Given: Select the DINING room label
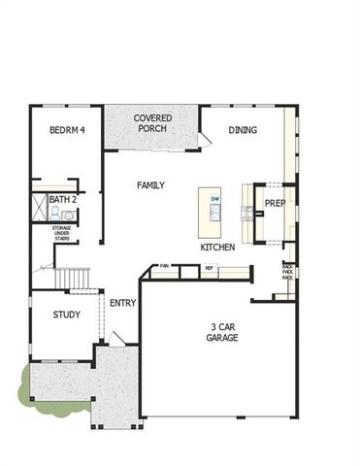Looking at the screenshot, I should [x=243, y=129].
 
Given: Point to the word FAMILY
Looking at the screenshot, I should [x=150, y=184].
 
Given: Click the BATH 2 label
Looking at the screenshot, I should [x=62, y=199].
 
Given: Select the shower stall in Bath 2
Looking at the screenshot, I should [x=39, y=208].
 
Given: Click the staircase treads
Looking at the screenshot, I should [x=75, y=280].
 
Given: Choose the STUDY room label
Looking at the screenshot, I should [x=67, y=315].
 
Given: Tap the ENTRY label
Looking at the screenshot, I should [x=123, y=303].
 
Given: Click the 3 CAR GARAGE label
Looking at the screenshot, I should [x=222, y=332].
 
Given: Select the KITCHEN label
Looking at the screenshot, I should [x=217, y=248].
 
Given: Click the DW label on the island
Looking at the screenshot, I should [x=214, y=199].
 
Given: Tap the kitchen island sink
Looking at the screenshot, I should [x=214, y=215].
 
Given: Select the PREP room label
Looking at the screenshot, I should [x=275, y=204].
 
